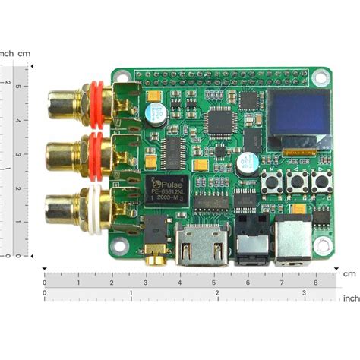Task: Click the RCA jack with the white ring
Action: pos(76,206)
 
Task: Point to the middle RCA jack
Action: pos(76,152)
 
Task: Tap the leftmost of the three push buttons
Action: pos(271,182)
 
